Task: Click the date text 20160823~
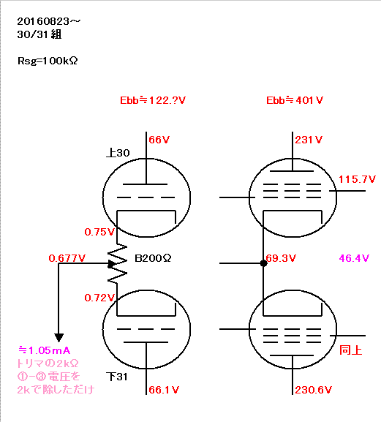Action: [49, 21]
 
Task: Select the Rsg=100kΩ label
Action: [48, 61]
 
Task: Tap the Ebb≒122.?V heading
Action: [153, 100]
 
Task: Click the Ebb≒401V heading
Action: [295, 100]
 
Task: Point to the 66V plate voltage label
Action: [159, 140]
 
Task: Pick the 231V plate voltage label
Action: [309, 140]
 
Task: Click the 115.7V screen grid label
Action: [357, 179]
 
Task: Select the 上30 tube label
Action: [118, 153]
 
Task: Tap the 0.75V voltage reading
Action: [99, 232]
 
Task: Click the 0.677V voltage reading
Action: [67, 258]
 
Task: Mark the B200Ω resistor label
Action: [153, 258]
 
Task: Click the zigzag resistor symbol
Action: [117, 264]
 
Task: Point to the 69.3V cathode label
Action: [281, 258]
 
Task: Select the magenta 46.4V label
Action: [354, 258]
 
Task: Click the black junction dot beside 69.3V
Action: [264, 263]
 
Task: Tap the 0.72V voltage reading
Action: [99, 298]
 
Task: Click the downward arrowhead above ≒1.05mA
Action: [59, 337]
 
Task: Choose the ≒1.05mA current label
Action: [45, 350]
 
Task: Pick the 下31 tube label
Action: [117, 377]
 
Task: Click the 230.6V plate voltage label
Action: [314, 390]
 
